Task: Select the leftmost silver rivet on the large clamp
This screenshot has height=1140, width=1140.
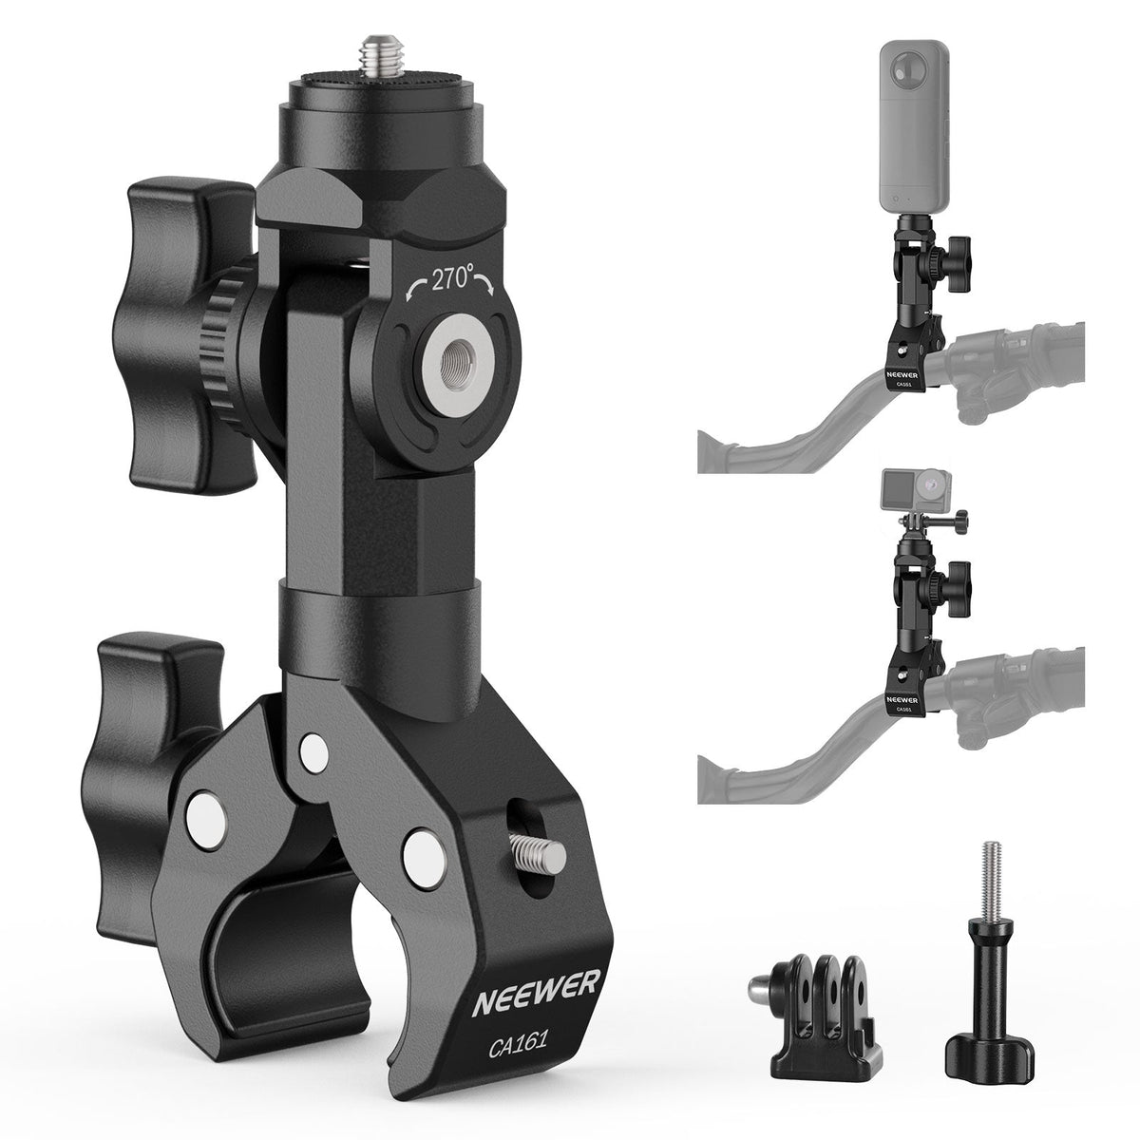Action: coord(201,812)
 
